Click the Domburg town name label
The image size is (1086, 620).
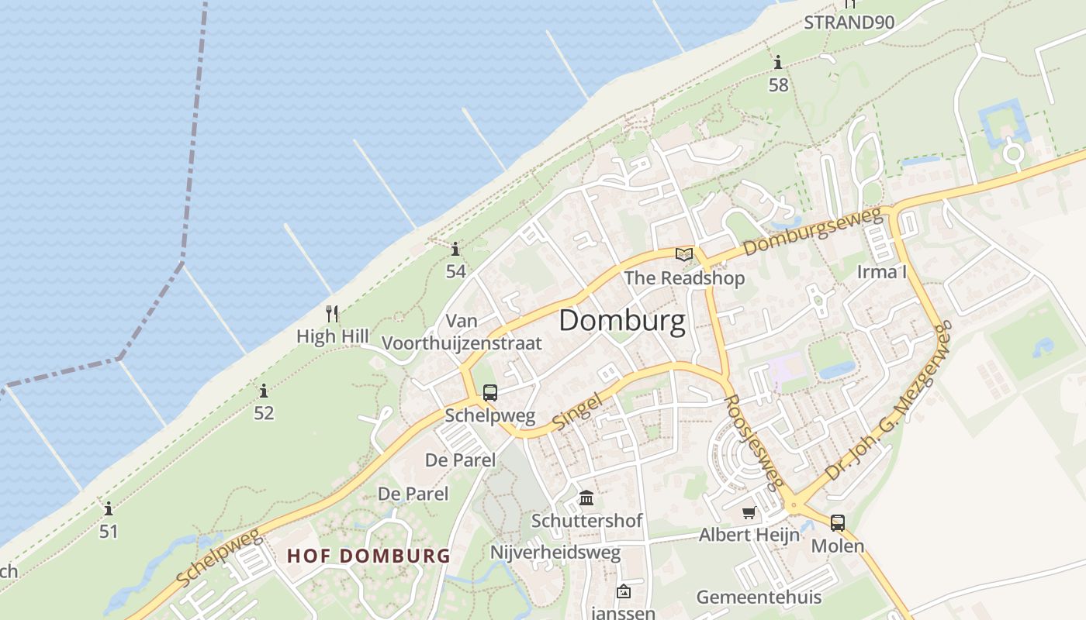[622, 321]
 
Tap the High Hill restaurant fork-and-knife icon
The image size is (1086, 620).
[332, 314]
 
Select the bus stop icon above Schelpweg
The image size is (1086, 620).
[489, 393]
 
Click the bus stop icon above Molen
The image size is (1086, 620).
[837, 523]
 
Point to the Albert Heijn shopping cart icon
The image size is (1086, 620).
[749, 512]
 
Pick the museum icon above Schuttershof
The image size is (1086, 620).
[586, 498]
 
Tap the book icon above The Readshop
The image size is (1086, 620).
[684, 254]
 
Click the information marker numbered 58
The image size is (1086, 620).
[778, 62]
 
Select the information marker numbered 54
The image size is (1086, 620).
[455, 249]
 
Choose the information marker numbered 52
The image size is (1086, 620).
[264, 391]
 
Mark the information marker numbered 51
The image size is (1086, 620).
[109, 509]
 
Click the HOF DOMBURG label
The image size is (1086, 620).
[368, 556]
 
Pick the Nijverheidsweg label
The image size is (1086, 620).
[555, 553]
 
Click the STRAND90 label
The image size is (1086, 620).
[849, 22]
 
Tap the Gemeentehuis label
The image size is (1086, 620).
[759, 598]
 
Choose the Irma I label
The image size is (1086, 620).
[881, 272]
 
